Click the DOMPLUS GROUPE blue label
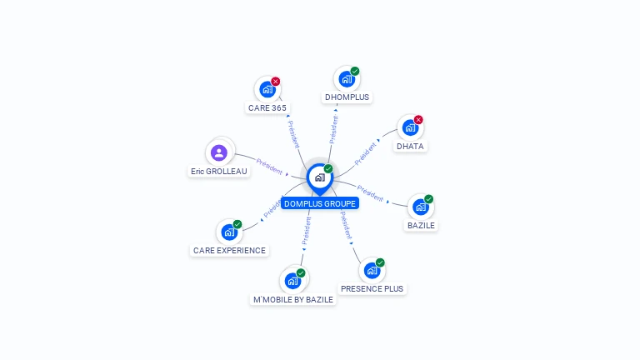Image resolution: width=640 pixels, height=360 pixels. [x=320, y=203]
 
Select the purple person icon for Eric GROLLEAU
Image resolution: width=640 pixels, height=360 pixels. [x=219, y=152]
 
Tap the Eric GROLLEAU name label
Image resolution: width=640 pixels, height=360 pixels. [x=219, y=172]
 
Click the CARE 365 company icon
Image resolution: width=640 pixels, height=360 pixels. [x=267, y=89]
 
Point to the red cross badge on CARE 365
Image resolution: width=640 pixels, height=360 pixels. [x=276, y=82]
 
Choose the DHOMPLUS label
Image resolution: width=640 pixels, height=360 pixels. [x=347, y=97]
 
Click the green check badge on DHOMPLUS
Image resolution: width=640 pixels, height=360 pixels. [x=355, y=72]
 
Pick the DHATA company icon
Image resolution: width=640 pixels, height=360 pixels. [x=409, y=127]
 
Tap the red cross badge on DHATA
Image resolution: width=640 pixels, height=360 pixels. [x=418, y=120]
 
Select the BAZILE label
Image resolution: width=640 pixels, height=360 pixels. [x=421, y=225]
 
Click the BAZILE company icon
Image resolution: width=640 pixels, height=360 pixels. [x=420, y=207]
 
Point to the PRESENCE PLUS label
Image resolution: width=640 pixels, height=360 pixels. [x=372, y=289]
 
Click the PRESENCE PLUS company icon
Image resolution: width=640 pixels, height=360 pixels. [x=372, y=270]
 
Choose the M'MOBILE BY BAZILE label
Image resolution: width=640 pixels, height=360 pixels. [x=293, y=299]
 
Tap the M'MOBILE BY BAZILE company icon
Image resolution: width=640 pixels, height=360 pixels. [x=292, y=281]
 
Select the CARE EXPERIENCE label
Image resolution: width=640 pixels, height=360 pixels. [x=229, y=250]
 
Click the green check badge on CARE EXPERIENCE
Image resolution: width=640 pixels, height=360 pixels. [x=237, y=224]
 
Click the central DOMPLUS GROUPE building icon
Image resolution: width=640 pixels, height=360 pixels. [x=319, y=177]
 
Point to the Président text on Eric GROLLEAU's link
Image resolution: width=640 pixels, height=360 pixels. [x=270, y=166]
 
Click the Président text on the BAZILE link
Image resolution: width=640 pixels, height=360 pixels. [x=370, y=194]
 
